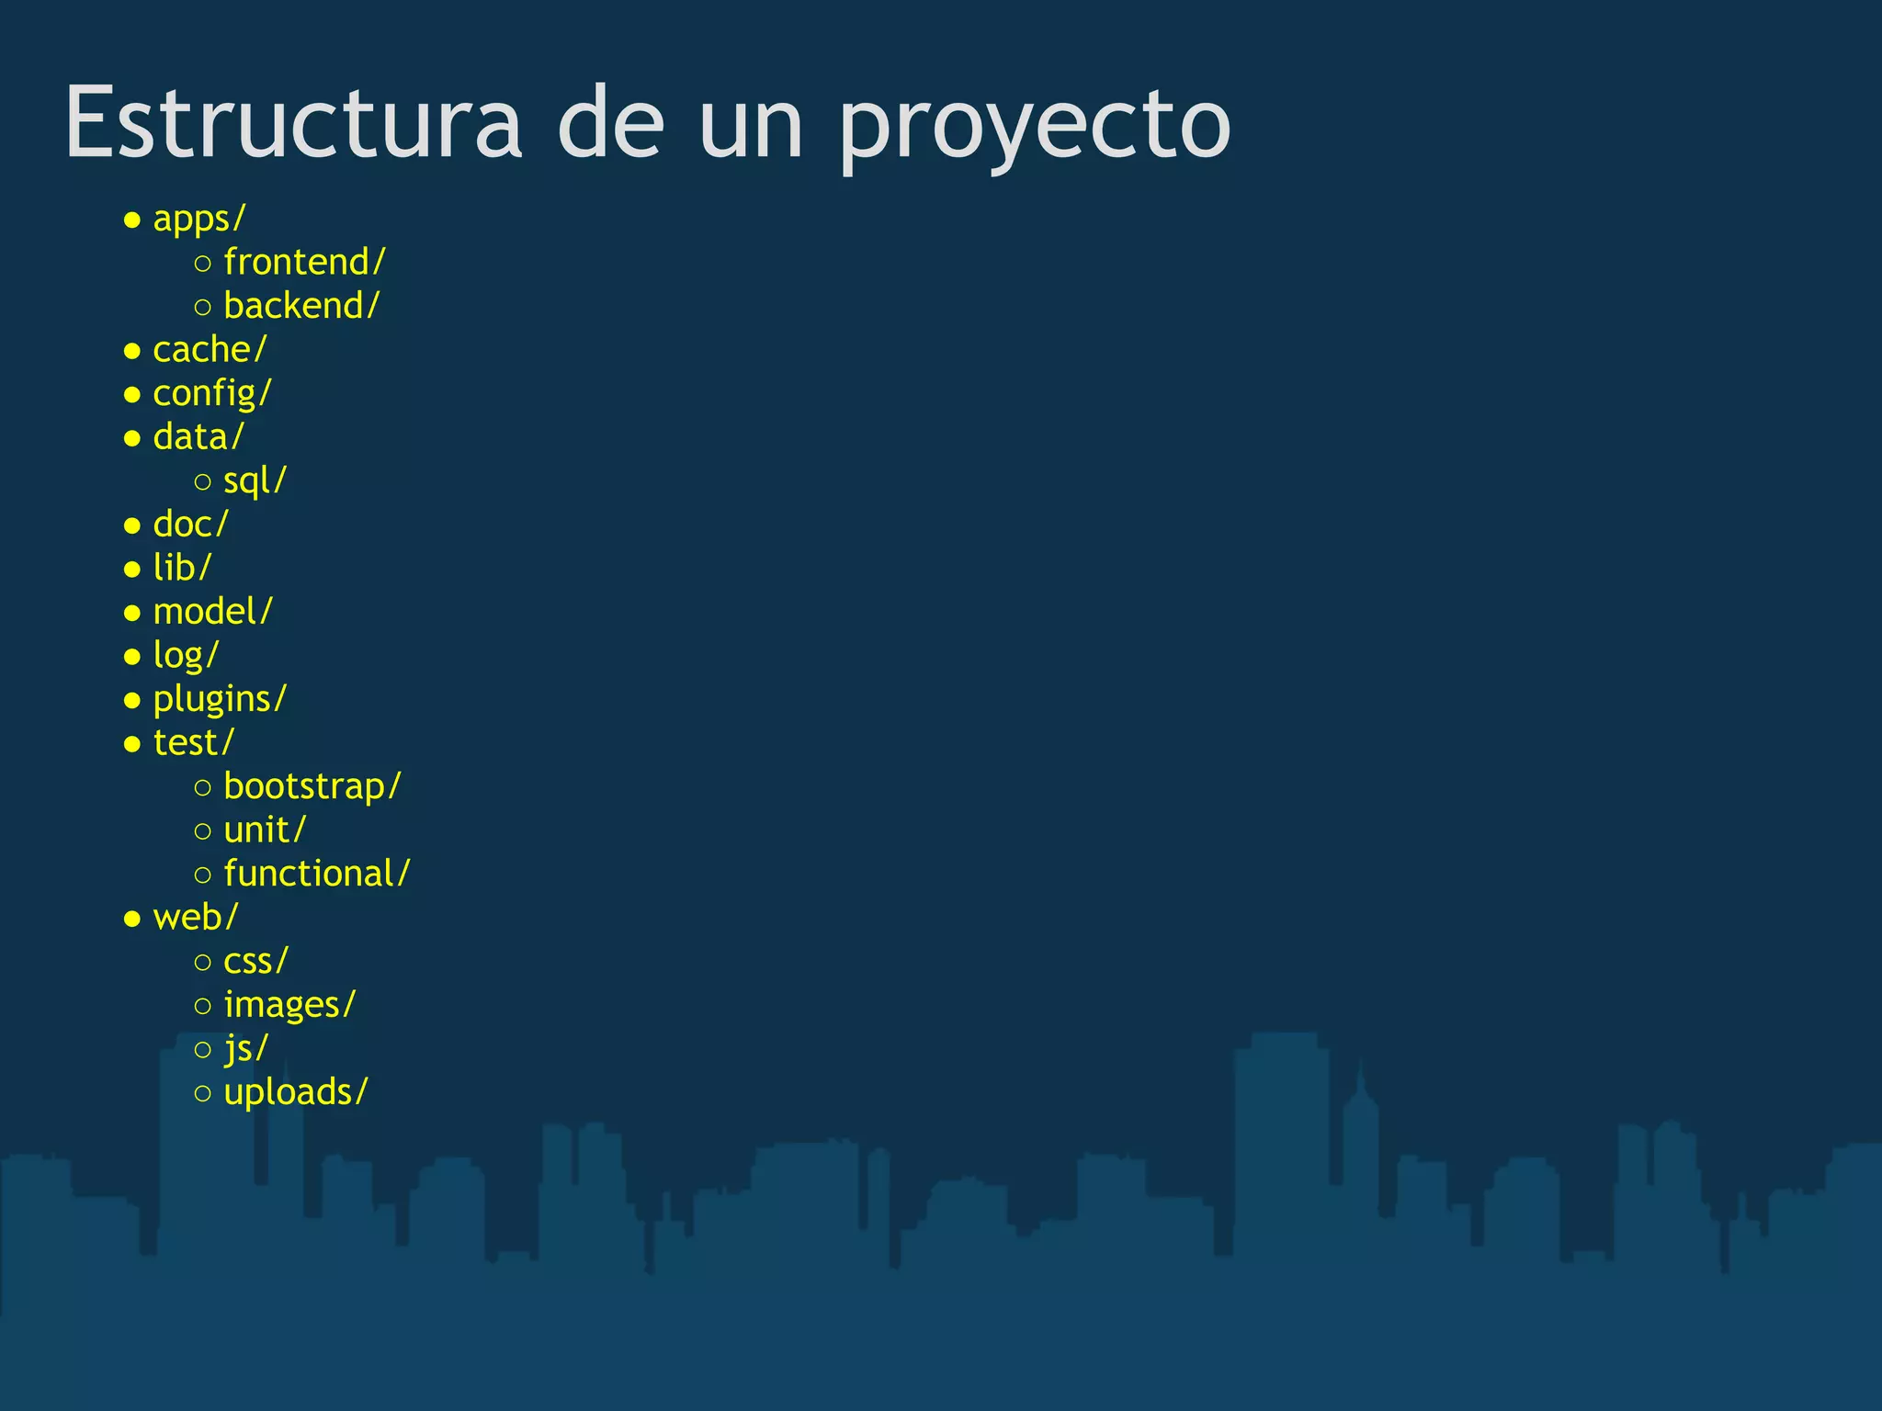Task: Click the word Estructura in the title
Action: [293, 123]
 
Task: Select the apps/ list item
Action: [199, 219]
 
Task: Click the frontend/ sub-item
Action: [304, 263]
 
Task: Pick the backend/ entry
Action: [301, 306]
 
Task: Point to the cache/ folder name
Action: [210, 350]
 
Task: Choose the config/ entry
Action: [212, 394]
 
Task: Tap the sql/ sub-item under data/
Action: [255, 480]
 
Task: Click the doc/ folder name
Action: [190, 525]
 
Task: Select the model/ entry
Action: [213, 612]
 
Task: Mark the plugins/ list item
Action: [220, 699]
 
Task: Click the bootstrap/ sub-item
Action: [312, 787]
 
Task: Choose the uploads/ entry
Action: [296, 1092]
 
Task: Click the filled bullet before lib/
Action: [132, 570]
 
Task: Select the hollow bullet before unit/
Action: [203, 831]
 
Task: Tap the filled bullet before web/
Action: [132, 919]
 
